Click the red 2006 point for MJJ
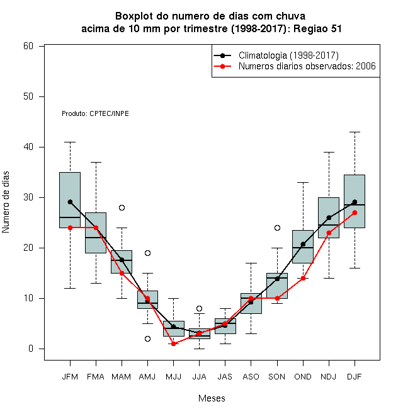tap(173, 344)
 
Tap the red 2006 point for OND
tap(303, 279)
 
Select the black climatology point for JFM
tap(70, 202)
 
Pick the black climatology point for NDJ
tap(329, 217)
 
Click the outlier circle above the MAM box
tap(122, 207)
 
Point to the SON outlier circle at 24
tap(277, 228)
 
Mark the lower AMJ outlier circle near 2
tap(148, 339)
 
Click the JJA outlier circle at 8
tap(200, 308)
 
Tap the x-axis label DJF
tap(355, 377)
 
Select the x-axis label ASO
tap(251, 377)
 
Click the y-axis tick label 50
tap(28, 96)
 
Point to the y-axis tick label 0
tap(31, 349)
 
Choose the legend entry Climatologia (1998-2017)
tap(288, 55)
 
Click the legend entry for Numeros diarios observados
tap(307, 66)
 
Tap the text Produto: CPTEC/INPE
tap(95, 113)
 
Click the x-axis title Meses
tap(212, 398)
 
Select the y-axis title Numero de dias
tap(6, 202)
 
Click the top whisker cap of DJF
tap(355, 132)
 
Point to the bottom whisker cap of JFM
tap(70, 288)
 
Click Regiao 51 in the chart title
tap(317, 28)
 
